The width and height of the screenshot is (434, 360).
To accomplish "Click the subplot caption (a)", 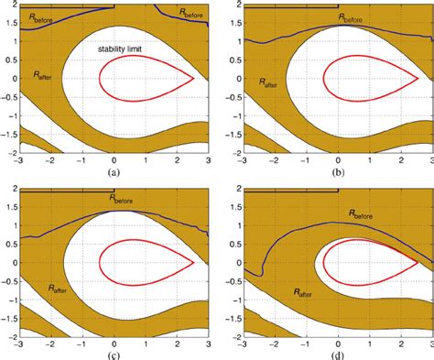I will click(114, 171).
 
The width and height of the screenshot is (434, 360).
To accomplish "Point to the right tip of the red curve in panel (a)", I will click(194, 79).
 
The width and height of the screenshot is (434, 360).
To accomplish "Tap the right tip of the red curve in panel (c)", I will click(194, 262).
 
